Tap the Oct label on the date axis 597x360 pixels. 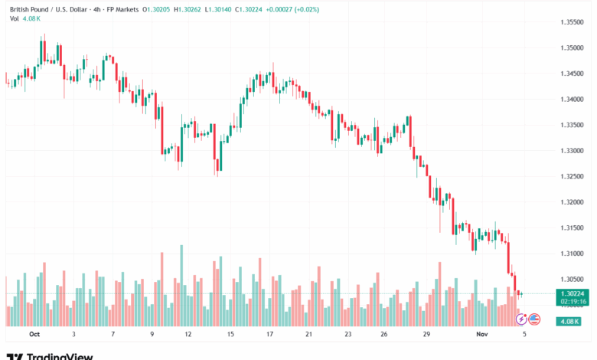(x=34, y=335)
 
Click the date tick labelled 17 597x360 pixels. (x=269, y=335)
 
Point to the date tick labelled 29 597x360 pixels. (x=426, y=335)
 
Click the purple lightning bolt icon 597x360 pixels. (x=522, y=318)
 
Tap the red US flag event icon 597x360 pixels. (x=534, y=318)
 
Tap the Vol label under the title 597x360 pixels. (x=15, y=18)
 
